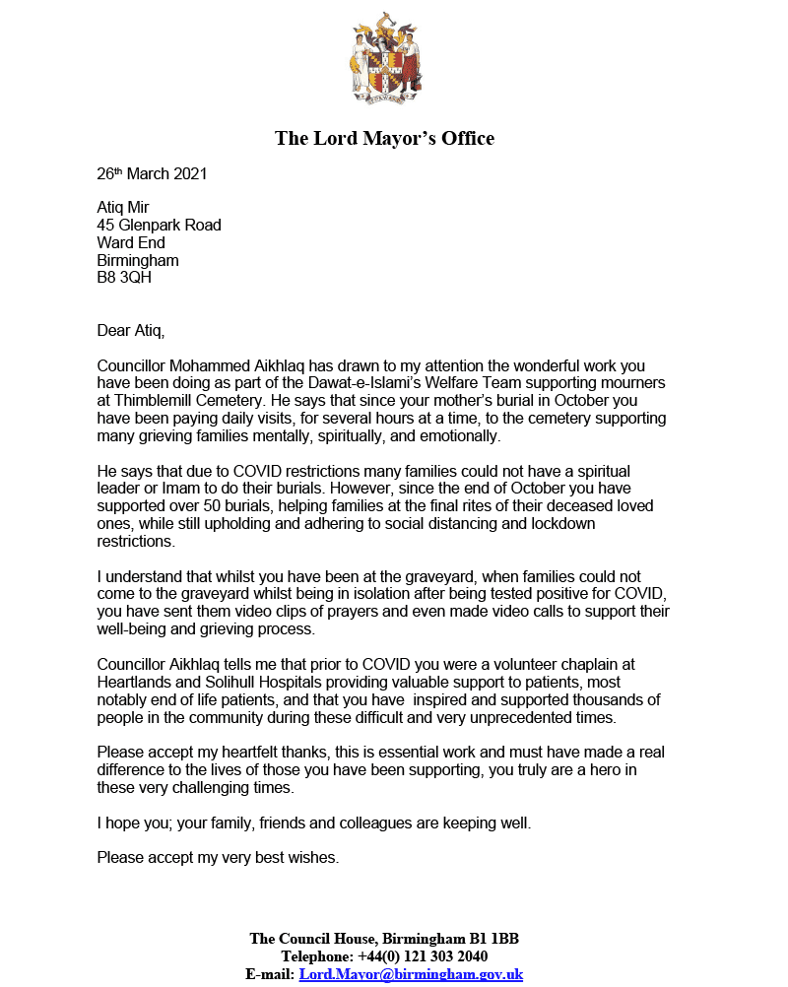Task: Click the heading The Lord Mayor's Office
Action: pos(384,138)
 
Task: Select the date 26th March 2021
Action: pos(152,174)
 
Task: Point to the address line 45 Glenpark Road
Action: pos(159,226)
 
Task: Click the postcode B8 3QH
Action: pos(124,278)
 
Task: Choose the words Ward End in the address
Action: pos(131,243)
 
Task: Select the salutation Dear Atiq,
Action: pos(138,329)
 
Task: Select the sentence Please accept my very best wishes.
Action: pos(218,857)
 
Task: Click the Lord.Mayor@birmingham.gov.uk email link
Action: pos(412,974)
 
